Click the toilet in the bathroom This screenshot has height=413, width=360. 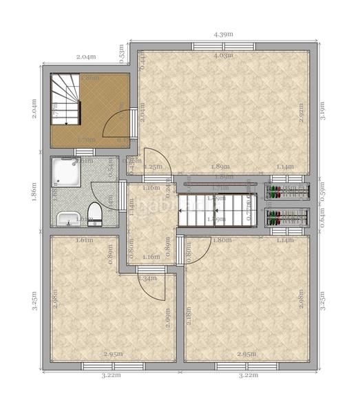point(97,213)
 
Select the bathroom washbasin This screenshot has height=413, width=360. point(67,218)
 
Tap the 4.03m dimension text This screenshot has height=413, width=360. point(222,55)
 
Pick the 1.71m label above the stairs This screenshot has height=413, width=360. point(220,187)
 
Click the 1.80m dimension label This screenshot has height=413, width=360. point(222,240)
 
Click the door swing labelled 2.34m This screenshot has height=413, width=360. point(153,289)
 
